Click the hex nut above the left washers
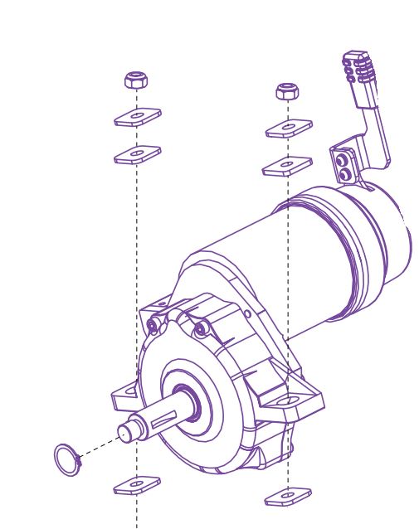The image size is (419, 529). tap(136, 80)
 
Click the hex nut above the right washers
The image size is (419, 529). tap(287, 90)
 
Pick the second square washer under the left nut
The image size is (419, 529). tap(138, 154)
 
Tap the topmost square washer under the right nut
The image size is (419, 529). tap(289, 129)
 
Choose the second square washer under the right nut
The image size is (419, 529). tap(287, 167)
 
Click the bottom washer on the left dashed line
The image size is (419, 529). tap(137, 483)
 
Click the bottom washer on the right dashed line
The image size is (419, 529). tap(288, 497)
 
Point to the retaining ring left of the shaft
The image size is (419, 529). tap(67, 460)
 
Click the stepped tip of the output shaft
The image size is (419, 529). tap(126, 433)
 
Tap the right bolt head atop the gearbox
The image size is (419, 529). tap(200, 329)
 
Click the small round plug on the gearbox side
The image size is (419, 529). tap(246, 313)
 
